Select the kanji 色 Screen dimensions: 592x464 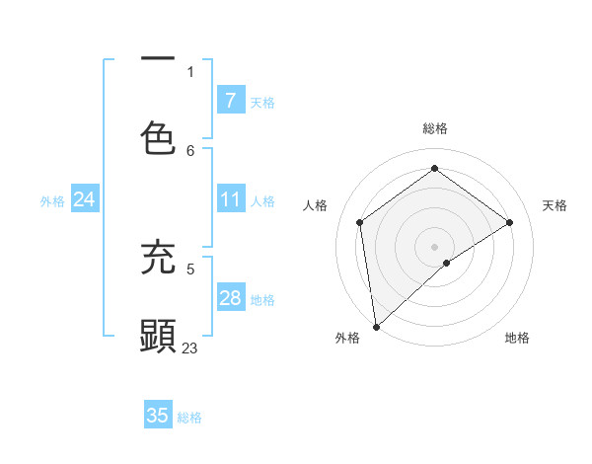pyautogui.click(x=159, y=138)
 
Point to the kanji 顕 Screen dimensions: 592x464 pyautogui.click(x=159, y=336)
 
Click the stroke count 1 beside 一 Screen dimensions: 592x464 pyautogui.click(x=190, y=71)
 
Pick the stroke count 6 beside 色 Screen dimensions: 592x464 pyautogui.click(x=190, y=150)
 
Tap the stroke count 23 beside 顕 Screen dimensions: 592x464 pyautogui.click(x=190, y=348)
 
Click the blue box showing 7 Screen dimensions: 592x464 pyautogui.click(x=230, y=100)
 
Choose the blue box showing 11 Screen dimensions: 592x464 pyautogui.click(x=230, y=200)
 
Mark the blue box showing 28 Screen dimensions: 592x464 pyautogui.click(x=230, y=298)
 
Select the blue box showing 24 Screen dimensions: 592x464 pyautogui.click(x=84, y=200)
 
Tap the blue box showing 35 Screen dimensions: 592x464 pyautogui.click(x=158, y=416)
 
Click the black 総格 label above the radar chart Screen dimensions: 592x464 pyautogui.click(x=435, y=128)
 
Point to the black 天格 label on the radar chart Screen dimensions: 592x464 pyautogui.click(x=555, y=205)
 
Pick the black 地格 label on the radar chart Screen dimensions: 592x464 pyautogui.click(x=517, y=338)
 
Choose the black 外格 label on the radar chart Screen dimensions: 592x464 pyautogui.click(x=347, y=338)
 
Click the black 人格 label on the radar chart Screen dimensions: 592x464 pyautogui.click(x=316, y=205)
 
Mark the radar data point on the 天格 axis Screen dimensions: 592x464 pyautogui.click(x=510, y=222)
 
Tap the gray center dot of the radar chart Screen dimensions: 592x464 pyautogui.click(x=435, y=246)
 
